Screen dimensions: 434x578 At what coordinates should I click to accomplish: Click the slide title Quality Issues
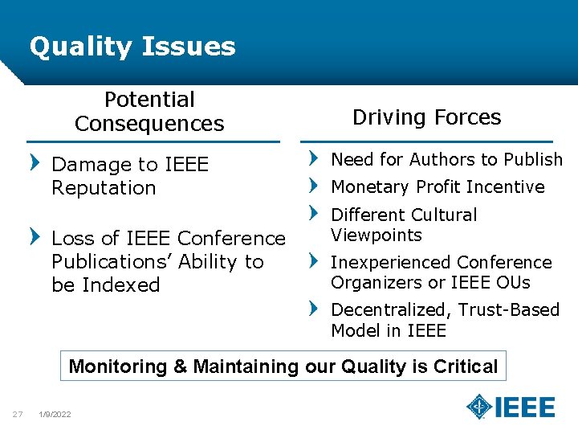132,47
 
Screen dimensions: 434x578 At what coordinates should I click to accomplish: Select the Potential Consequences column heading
149,112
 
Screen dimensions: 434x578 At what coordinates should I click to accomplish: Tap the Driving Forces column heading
426,117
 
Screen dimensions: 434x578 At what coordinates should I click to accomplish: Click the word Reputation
104,188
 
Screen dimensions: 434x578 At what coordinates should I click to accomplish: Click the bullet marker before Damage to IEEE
34,163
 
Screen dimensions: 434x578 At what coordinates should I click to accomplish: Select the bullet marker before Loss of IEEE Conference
34,237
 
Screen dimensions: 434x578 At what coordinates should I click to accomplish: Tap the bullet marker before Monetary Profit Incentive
314,186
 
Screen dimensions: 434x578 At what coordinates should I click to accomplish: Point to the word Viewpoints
377,235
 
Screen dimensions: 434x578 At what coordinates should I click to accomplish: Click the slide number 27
17,414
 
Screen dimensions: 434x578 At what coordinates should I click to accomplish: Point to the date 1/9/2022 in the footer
55,415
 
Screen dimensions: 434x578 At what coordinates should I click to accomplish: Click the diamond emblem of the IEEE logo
479,407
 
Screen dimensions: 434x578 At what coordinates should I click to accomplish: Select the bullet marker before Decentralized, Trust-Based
314,308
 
